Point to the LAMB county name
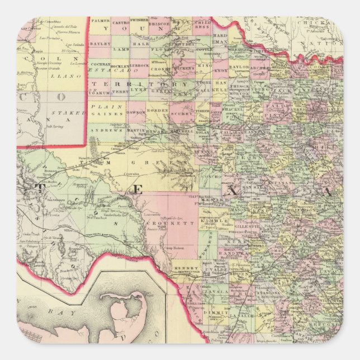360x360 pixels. click(121, 50)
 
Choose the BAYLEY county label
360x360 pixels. click(101, 42)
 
